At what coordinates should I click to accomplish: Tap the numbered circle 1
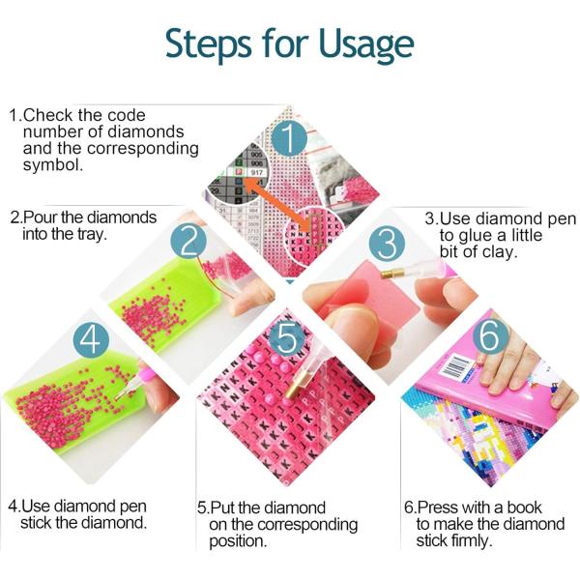pyautogui.click(x=289, y=139)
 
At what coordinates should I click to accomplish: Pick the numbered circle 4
pyautogui.click(x=91, y=340)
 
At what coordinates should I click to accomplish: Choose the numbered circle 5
pyautogui.click(x=287, y=338)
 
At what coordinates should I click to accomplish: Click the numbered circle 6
pyautogui.click(x=489, y=334)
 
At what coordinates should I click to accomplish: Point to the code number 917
pyautogui.click(x=257, y=172)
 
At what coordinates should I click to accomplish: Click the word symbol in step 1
pyautogui.click(x=52, y=165)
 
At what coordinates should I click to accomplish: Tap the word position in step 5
pyautogui.click(x=238, y=541)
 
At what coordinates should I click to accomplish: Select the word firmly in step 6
pyautogui.click(x=472, y=540)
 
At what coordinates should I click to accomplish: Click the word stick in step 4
pyautogui.click(x=36, y=523)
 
